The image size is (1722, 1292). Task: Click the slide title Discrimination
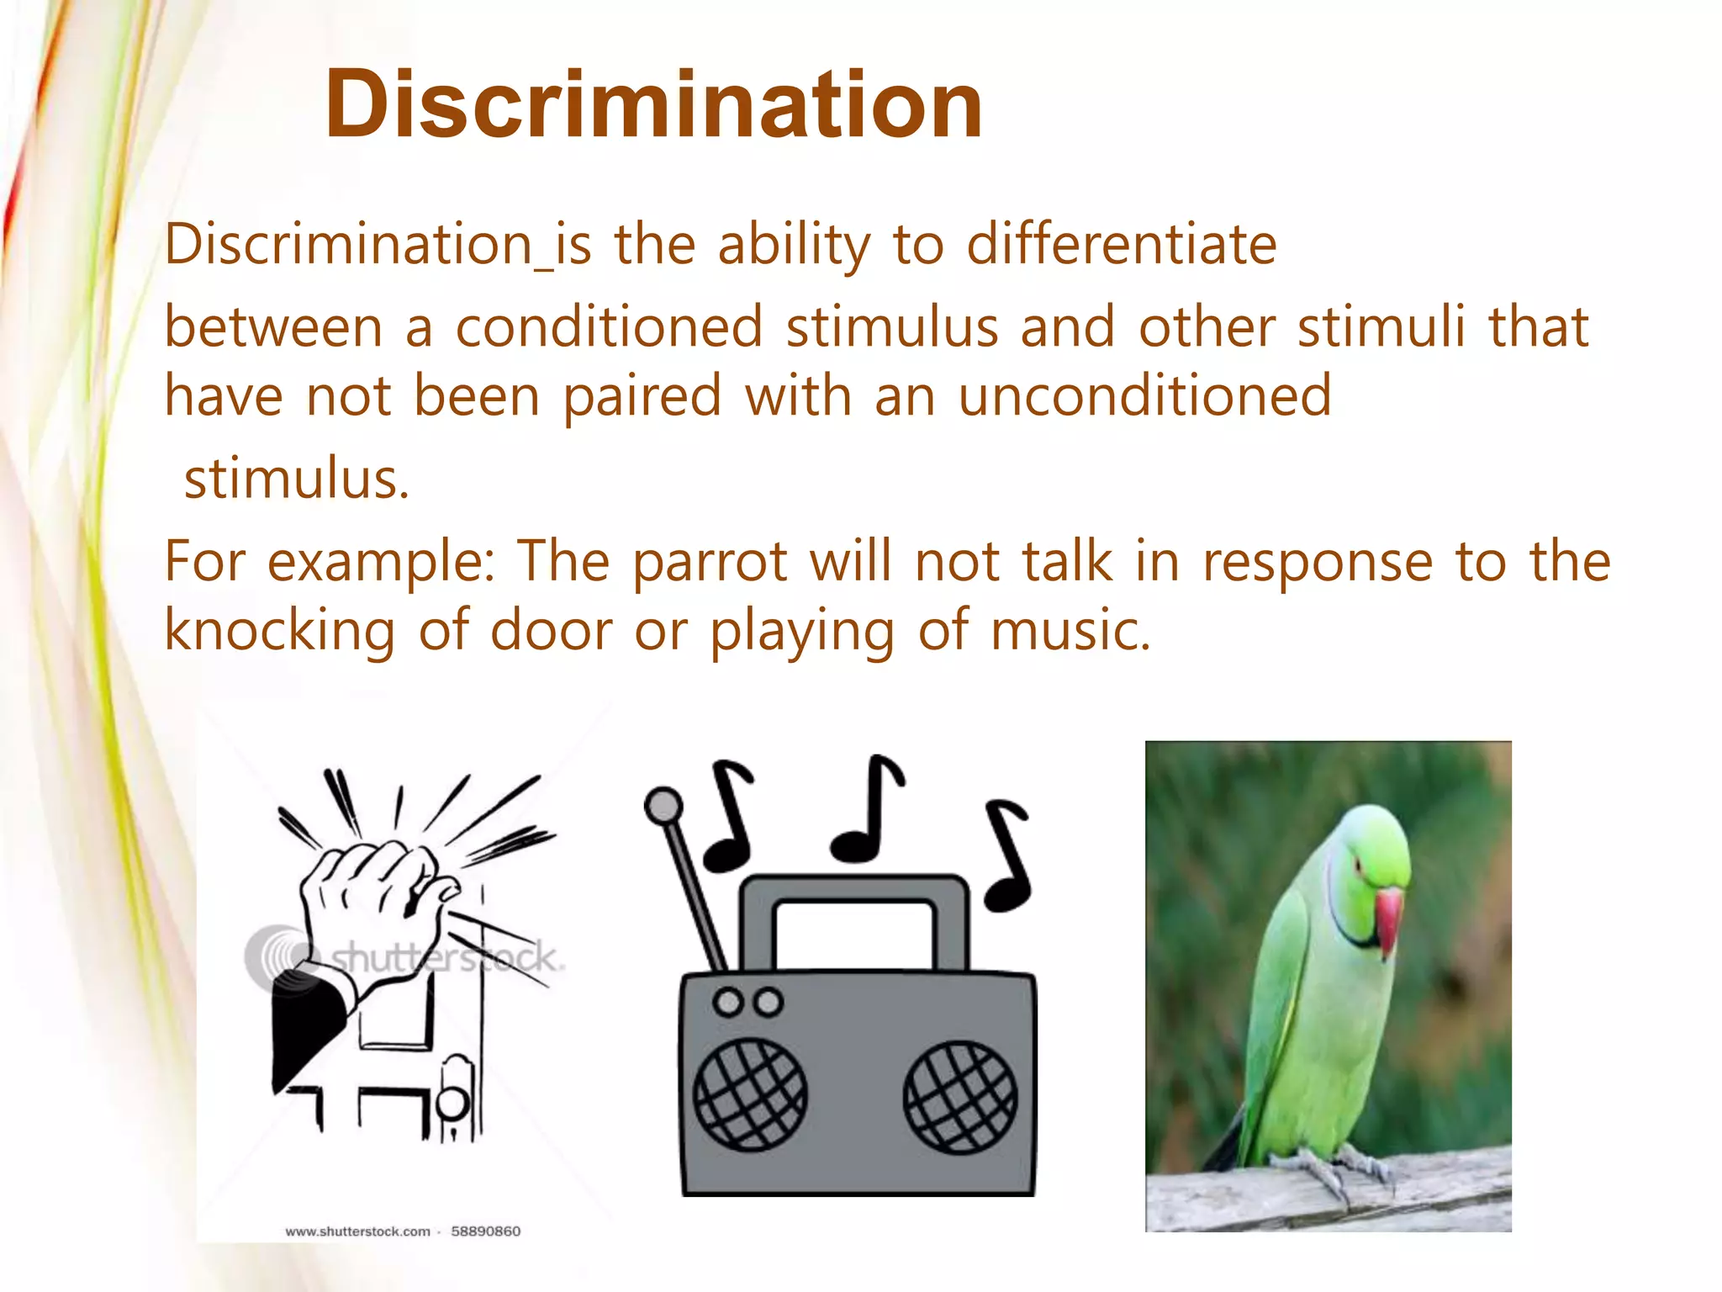pyautogui.click(x=653, y=105)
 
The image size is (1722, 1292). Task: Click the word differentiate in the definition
pyautogui.click(x=1122, y=245)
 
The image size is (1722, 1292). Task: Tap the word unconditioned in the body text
pyautogui.click(x=1144, y=395)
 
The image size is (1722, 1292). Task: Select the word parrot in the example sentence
pyautogui.click(x=710, y=562)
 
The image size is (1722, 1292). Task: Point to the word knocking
pyautogui.click(x=279, y=631)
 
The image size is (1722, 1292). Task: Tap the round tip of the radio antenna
pyautogui.click(x=663, y=805)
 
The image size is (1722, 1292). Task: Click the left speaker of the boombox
pyautogui.click(x=749, y=1094)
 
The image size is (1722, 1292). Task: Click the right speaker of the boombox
pyautogui.click(x=959, y=1097)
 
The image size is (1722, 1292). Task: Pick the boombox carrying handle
pyautogui.click(x=853, y=892)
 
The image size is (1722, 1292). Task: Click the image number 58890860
pyautogui.click(x=485, y=1231)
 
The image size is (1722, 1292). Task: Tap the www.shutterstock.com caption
pyautogui.click(x=357, y=1231)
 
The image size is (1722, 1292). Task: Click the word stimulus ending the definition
pyautogui.click(x=296, y=479)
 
